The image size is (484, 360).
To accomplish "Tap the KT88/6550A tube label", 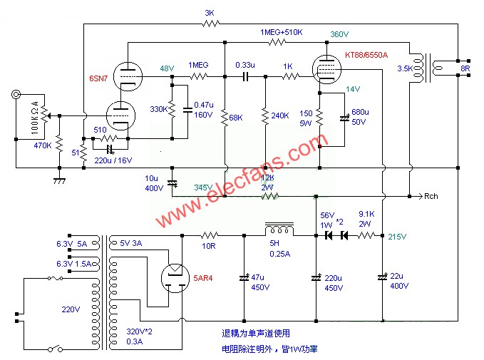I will click(367, 55).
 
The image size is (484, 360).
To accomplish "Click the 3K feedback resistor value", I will click(209, 13).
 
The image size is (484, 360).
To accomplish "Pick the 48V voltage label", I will click(166, 68).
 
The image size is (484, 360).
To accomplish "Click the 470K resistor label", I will click(43, 145).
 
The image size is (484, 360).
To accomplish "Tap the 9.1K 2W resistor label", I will click(367, 217).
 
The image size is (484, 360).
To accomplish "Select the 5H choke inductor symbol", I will click(278, 230).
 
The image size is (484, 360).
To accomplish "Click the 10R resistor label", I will click(208, 246).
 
